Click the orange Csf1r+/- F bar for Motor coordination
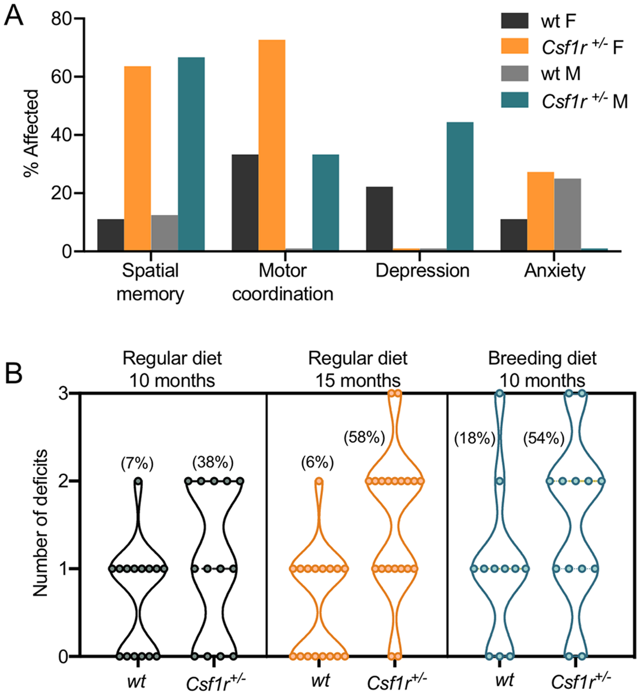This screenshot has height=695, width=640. pyautogui.click(x=272, y=145)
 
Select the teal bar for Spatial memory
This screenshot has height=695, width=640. pyautogui.click(x=191, y=154)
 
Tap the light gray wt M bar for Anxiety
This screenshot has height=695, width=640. pyautogui.click(x=567, y=215)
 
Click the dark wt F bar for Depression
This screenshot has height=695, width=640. pyautogui.click(x=379, y=218)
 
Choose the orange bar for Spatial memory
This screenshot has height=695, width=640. pyautogui.click(x=137, y=158)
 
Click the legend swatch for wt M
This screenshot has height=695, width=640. pyautogui.click(x=515, y=73)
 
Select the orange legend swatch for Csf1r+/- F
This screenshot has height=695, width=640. pyautogui.click(x=515, y=46)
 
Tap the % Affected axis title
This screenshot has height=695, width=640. pyautogui.click(x=31, y=134)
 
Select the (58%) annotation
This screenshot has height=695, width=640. pyautogui.click(x=364, y=438)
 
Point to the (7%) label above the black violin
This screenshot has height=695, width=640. pyautogui.click(x=137, y=464)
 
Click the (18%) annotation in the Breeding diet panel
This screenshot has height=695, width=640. pyautogui.click(x=474, y=439)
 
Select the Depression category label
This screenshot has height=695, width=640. pyautogui.click(x=423, y=271)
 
